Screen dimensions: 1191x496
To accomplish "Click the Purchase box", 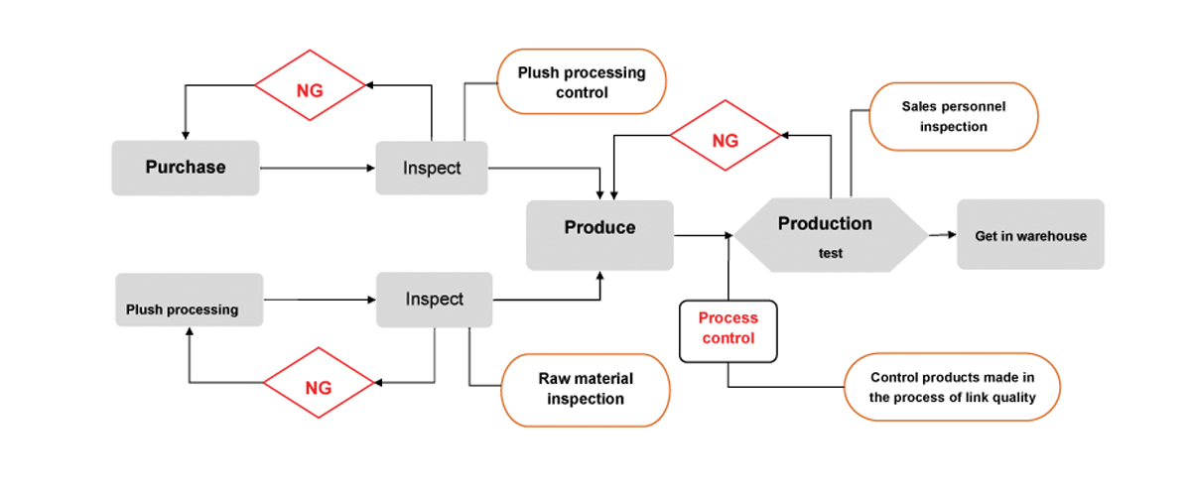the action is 186,168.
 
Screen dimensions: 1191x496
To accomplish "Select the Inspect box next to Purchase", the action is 432,168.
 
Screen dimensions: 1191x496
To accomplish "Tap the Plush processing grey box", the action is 190,300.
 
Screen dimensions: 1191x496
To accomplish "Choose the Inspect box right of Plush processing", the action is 435,300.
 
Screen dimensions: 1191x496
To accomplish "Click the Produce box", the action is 599,235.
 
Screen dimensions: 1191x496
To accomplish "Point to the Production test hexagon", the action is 831,235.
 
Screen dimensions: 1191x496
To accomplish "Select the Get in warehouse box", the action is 1030,234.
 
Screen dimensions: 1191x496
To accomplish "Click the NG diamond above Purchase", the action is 310,85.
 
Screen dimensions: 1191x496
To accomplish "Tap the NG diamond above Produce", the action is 726,136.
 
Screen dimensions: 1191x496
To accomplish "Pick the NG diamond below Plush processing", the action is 319,383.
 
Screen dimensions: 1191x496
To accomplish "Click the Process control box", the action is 728,331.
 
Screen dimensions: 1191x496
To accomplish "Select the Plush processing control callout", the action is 582,81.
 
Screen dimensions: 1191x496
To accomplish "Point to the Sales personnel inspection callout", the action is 954,116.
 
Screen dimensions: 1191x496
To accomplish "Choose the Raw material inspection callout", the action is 586,390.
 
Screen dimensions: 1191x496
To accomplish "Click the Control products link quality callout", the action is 952,387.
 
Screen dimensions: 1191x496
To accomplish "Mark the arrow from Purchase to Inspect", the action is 318,168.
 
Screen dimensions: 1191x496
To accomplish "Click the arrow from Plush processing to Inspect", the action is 320,300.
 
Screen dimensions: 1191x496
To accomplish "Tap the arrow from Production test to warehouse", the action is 943,234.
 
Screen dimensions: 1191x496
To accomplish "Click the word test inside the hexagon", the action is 831,253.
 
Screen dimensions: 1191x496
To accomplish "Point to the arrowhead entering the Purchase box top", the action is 186,136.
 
